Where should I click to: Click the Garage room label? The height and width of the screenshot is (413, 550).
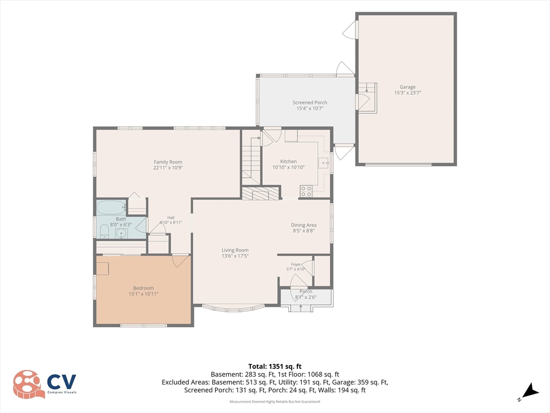[407, 87]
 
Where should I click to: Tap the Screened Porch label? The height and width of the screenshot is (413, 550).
[310, 103]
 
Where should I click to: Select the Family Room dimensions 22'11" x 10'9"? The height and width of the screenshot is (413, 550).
[168, 168]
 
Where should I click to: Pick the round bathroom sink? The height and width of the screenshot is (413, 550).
[121, 233]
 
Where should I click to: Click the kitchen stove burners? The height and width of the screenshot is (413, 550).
[306, 191]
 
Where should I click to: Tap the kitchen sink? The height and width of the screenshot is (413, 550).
[323, 163]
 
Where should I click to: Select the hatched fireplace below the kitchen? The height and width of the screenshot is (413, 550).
[262, 193]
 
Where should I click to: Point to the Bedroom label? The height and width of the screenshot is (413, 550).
[143, 288]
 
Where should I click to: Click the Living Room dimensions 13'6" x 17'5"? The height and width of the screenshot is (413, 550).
[235, 256]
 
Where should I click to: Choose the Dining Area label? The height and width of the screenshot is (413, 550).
[304, 225]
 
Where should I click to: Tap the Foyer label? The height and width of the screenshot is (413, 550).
[296, 265]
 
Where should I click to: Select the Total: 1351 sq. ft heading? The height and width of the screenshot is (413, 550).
[275, 367]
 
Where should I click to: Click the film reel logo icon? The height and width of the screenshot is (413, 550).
[29, 384]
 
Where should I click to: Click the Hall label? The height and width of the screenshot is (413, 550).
[171, 218]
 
